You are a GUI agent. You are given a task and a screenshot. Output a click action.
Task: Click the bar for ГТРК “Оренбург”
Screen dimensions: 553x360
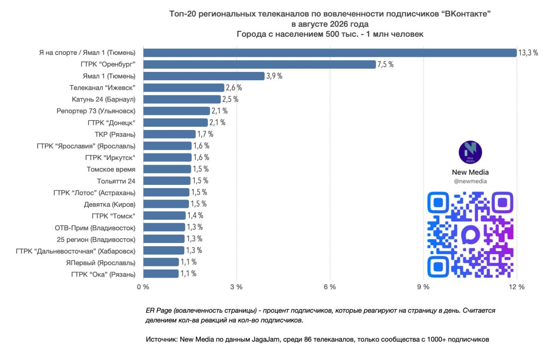pyautogui.click(x=259, y=65)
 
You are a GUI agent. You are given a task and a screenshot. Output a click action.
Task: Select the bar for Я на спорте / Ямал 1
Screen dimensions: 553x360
pyautogui.click(x=330, y=53)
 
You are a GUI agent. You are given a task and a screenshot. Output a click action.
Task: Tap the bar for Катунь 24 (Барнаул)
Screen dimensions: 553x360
pyautogui.click(x=182, y=99)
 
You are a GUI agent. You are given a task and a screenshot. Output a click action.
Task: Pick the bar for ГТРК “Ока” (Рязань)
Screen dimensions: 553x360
pyautogui.click(x=161, y=274)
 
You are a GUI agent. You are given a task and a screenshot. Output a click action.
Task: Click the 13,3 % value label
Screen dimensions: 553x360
pyautogui.click(x=528, y=53)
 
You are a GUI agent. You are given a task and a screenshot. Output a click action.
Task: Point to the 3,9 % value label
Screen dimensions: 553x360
pyautogui.click(x=274, y=76)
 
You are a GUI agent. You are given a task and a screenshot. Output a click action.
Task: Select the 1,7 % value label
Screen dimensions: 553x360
pyautogui.click(x=205, y=134)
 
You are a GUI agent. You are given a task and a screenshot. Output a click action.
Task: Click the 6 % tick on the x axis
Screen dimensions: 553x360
pyautogui.click(x=330, y=287)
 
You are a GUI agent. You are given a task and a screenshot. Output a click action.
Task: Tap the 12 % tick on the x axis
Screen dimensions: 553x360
pyautogui.click(x=517, y=287)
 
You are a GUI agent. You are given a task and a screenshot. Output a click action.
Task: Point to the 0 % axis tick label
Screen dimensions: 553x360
pyautogui.click(x=143, y=287)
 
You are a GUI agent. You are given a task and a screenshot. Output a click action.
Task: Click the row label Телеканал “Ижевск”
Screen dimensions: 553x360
pyautogui.click(x=102, y=88)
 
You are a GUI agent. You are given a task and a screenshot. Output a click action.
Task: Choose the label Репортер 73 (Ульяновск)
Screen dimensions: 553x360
pyautogui.click(x=96, y=111)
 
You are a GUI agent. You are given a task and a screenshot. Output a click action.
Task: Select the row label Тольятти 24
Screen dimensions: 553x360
pyautogui.click(x=116, y=181)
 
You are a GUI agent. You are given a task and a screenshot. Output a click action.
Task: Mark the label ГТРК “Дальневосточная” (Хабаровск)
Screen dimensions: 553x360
pyautogui.click(x=76, y=251)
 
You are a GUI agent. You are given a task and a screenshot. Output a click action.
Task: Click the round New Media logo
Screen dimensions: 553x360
pyautogui.click(x=471, y=153)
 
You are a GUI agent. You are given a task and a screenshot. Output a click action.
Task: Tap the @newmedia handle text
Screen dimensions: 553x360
pyautogui.click(x=471, y=181)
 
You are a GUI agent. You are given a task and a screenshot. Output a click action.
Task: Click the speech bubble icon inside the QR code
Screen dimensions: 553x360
pyautogui.click(x=471, y=234)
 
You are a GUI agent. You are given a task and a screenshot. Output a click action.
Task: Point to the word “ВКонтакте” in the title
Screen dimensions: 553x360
pyautogui.click(x=466, y=14)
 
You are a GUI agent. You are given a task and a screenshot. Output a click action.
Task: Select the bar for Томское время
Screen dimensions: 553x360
pyautogui.click(x=167, y=169)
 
